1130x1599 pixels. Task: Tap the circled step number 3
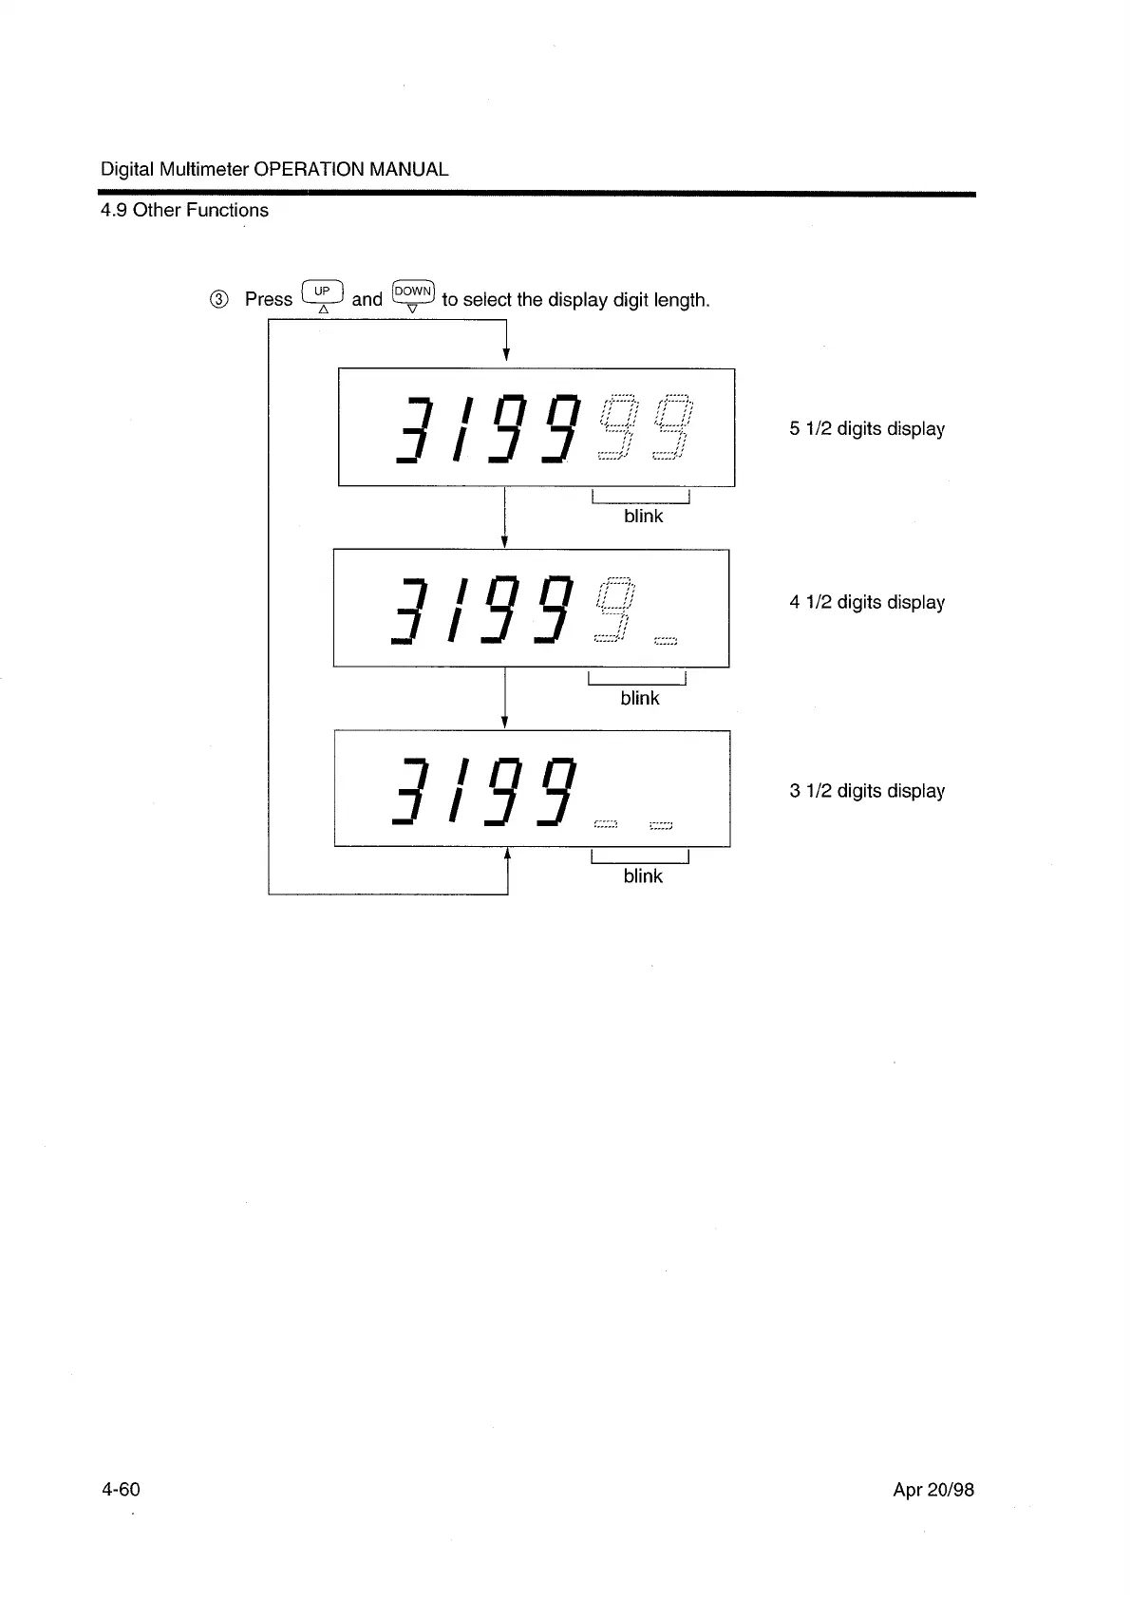point(218,300)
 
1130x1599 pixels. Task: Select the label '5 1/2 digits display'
point(866,429)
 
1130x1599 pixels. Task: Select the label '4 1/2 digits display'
point(866,603)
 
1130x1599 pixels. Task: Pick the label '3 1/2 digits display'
point(866,791)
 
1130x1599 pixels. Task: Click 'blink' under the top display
point(643,516)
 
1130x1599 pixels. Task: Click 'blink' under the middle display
point(639,698)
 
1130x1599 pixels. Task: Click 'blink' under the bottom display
point(643,876)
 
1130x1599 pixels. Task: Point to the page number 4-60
point(121,1489)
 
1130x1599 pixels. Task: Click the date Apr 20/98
point(933,1490)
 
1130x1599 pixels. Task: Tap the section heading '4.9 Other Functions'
point(184,210)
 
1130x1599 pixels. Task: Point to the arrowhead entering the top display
point(506,356)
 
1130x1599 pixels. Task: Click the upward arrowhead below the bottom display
point(507,853)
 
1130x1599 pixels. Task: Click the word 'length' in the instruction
point(680,300)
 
